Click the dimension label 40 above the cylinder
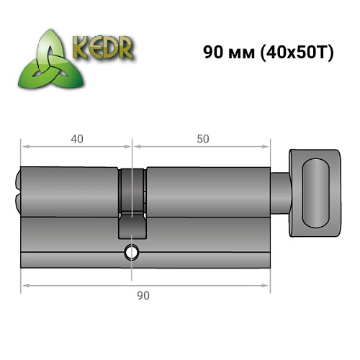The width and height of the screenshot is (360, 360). pos(76,138)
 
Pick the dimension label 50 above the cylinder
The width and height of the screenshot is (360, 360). pos(202,138)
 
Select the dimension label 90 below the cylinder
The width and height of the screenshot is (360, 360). pos(144,294)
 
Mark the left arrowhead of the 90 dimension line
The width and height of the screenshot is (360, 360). pos(24,286)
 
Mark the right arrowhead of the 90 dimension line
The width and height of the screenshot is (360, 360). pos(267,286)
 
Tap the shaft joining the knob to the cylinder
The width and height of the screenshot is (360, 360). pos(280,191)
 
